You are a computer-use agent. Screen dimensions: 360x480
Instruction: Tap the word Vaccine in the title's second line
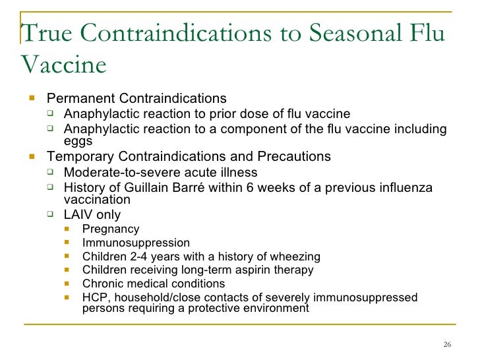point(63,65)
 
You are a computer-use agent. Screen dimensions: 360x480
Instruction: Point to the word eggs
point(78,140)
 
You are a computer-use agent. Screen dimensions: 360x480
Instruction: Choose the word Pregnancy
point(111,229)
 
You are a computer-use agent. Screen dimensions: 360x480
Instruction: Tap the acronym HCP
point(95,297)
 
